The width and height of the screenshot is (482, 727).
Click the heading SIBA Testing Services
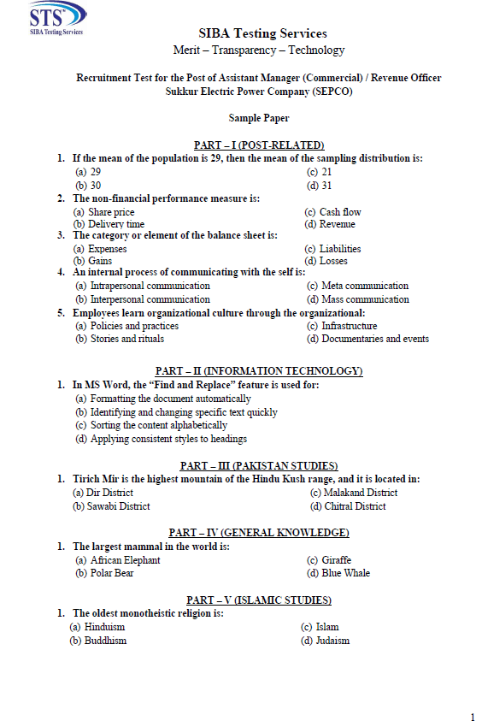click(x=262, y=33)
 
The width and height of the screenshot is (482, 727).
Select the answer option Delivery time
click(x=116, y=224)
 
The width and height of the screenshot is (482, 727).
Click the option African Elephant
click(x=125, y=560)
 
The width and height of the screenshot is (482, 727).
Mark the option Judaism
click(x=332, y=641)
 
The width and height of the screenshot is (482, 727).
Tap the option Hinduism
click(x=104, y=627)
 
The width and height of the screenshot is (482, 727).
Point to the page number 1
click(x=473, y=717)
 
